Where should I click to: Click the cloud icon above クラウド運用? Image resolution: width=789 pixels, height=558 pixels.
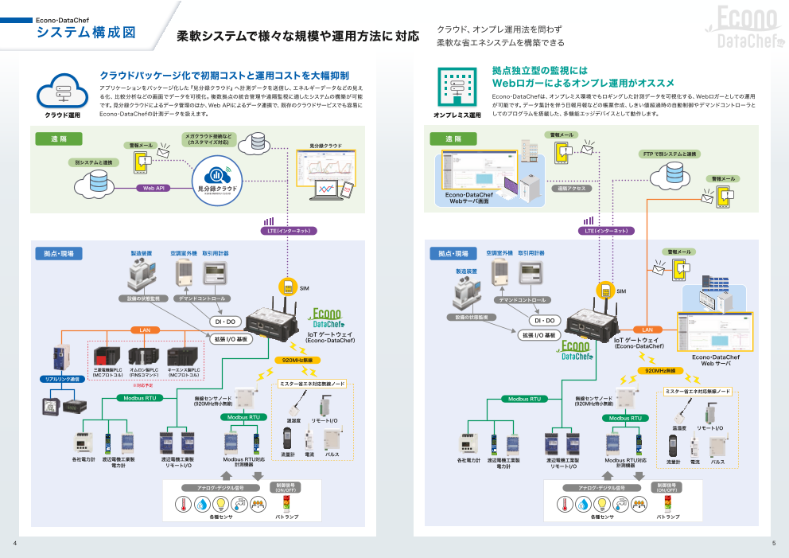coord(63,90)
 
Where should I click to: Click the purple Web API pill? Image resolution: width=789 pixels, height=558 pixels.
coord(154,189)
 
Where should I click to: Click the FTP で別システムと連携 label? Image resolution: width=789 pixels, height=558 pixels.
coord(670,154)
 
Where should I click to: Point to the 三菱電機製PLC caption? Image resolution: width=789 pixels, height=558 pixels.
coord(107,372)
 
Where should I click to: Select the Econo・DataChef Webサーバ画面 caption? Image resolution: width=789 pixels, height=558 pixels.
coord(469,198)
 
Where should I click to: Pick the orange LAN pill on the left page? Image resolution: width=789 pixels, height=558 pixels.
coord(145,330)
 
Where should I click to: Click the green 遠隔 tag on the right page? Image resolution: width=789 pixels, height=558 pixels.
coord(453,139)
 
